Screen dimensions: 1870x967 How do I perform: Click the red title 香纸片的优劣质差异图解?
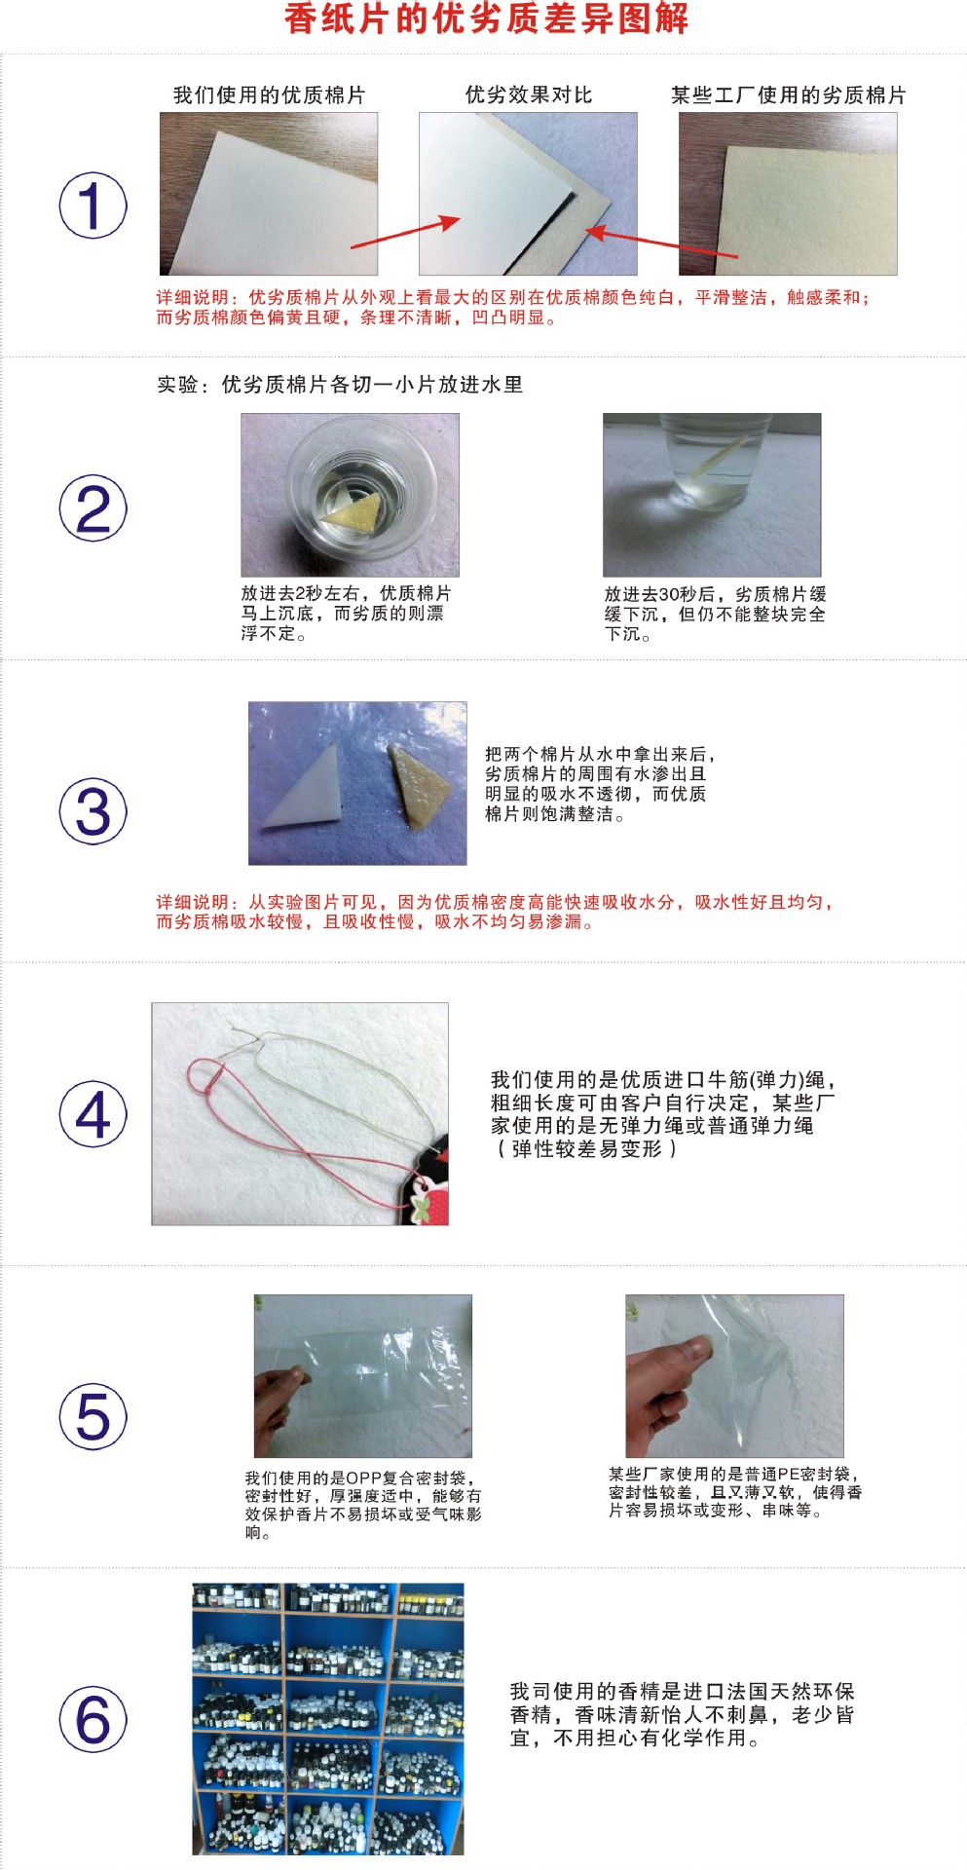click(486, 19)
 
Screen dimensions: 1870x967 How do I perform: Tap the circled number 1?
click(93, 206)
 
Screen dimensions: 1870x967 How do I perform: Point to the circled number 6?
click(93, 1719)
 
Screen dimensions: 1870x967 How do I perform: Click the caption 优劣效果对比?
click(528, 94)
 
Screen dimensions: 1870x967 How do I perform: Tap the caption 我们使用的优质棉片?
click(269, 94)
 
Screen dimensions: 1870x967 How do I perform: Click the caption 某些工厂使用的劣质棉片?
click(787, 94)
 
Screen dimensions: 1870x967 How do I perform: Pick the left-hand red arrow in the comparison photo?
click(404, 232)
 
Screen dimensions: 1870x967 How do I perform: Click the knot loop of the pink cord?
click(205, 1077)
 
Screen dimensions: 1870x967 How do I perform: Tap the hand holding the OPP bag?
click(278, 1402)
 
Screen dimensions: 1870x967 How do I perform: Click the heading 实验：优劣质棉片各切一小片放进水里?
click(340, 384)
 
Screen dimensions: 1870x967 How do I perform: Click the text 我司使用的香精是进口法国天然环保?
click(682, 1691)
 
